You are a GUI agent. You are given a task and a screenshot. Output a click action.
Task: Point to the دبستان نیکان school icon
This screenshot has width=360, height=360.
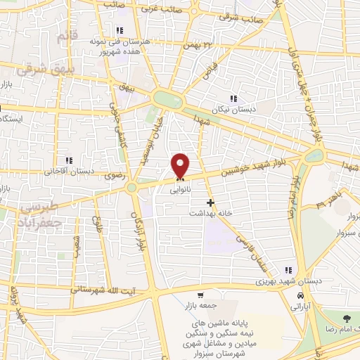click(x=233, y=98)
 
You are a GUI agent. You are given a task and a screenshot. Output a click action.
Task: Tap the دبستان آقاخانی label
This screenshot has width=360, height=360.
click(x=69, y=171)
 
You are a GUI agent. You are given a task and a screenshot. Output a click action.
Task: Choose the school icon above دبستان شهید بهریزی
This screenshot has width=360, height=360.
click(x=288, y=270)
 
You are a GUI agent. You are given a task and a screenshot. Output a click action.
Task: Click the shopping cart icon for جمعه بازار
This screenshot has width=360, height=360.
click(x=201, y=295)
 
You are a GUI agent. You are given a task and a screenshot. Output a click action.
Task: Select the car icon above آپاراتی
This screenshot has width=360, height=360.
click(x=300, y=296)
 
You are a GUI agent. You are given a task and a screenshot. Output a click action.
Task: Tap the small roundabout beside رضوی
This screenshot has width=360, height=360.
click(x=131, y=188)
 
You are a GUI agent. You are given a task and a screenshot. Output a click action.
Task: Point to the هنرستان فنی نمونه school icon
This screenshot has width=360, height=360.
click(x=120, y=30)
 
